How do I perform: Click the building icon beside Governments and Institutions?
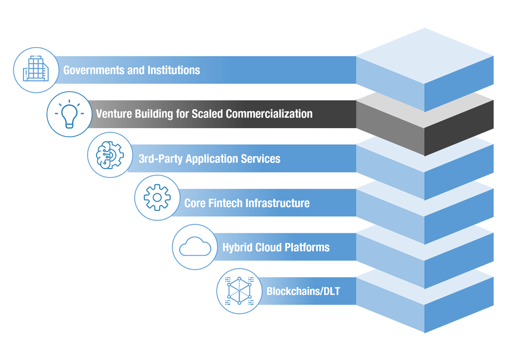point(36,70)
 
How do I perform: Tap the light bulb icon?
point(69,114)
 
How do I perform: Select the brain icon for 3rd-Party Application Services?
point(109,155)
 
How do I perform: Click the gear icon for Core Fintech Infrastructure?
point(157,198)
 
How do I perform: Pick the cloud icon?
point(194,247)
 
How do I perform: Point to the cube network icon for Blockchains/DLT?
point(239,291)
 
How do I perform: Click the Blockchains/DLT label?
point(303,292)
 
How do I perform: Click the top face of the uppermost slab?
point(425,56)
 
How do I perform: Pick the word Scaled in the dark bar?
point(207,114)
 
